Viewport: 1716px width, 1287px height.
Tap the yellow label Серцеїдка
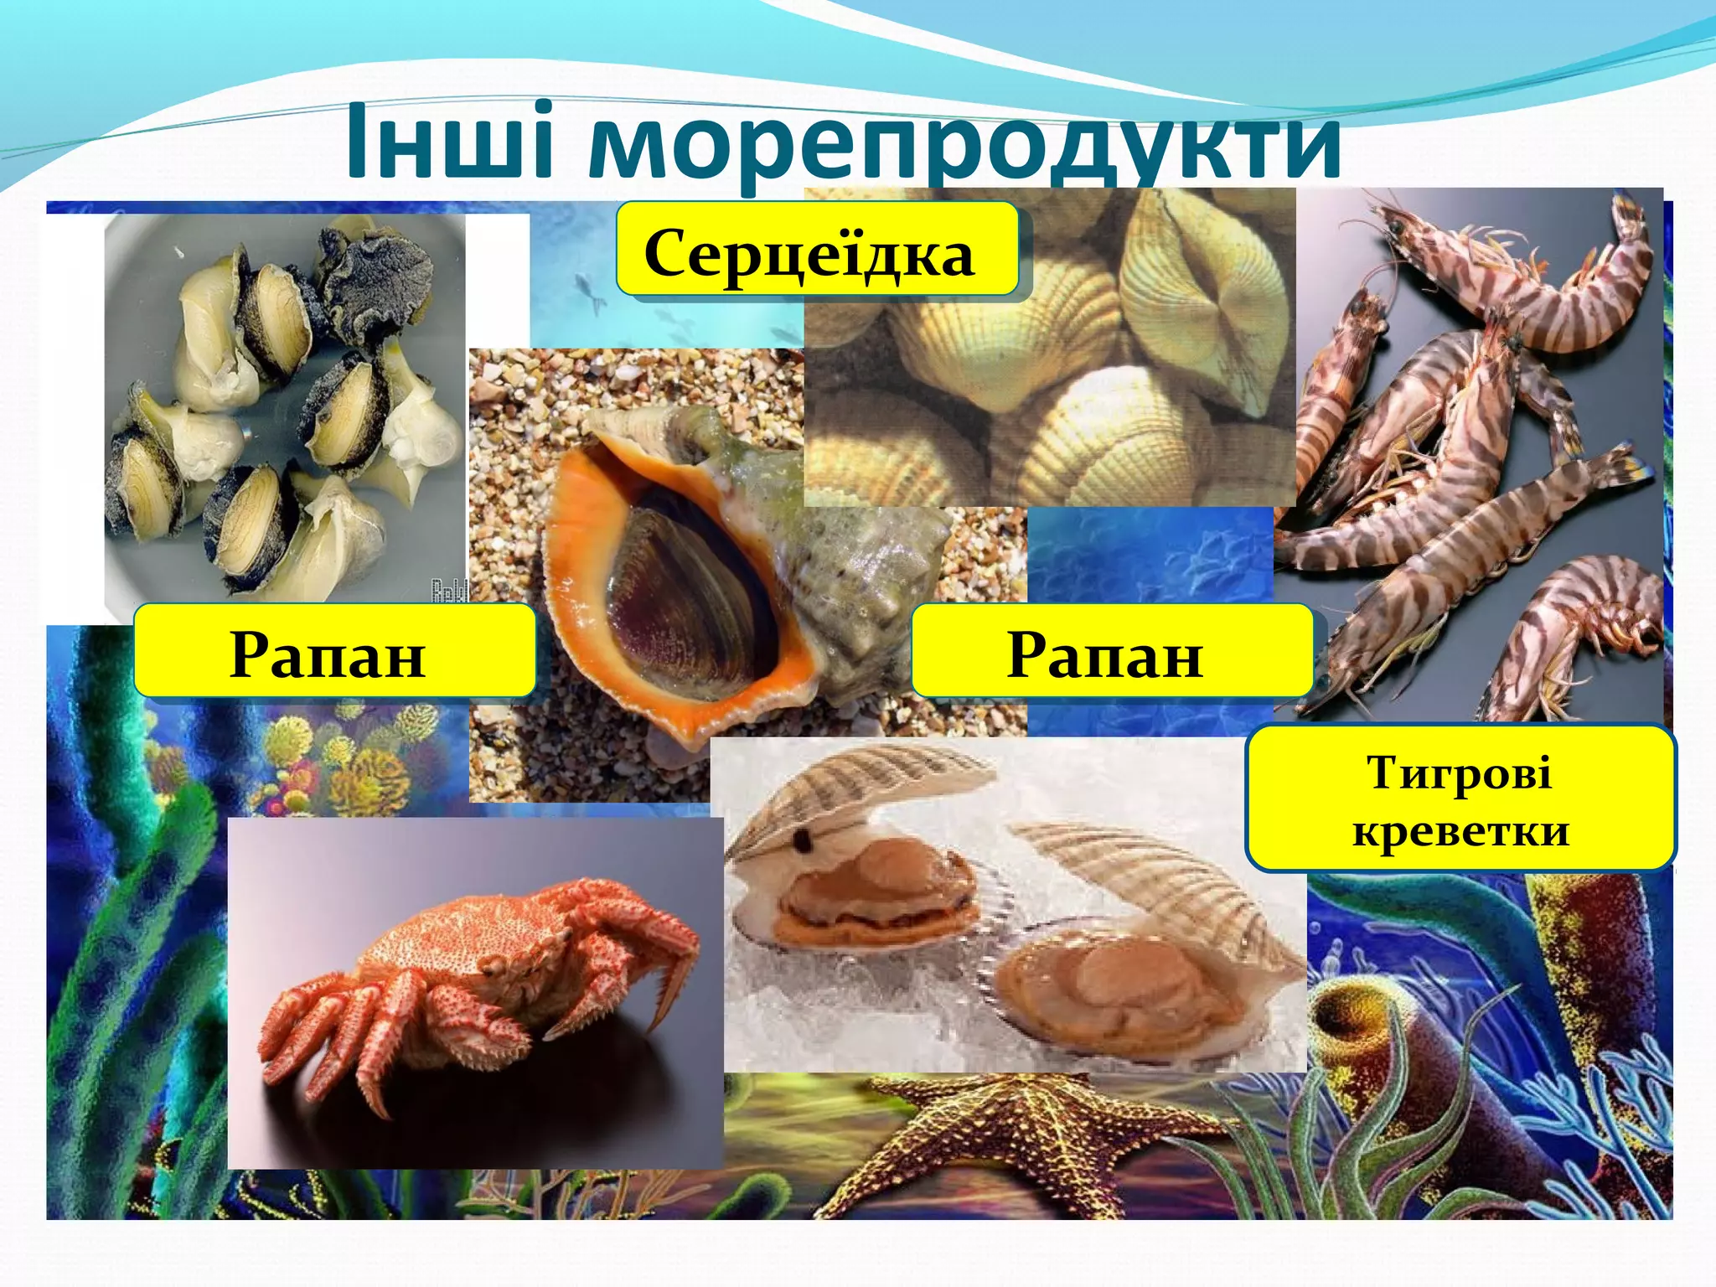(809, 252)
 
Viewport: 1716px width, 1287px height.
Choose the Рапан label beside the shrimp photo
(1106, 654)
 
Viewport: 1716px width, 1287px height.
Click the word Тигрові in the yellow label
(1459, 773)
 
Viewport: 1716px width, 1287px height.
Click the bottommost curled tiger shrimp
(1575, 637)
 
